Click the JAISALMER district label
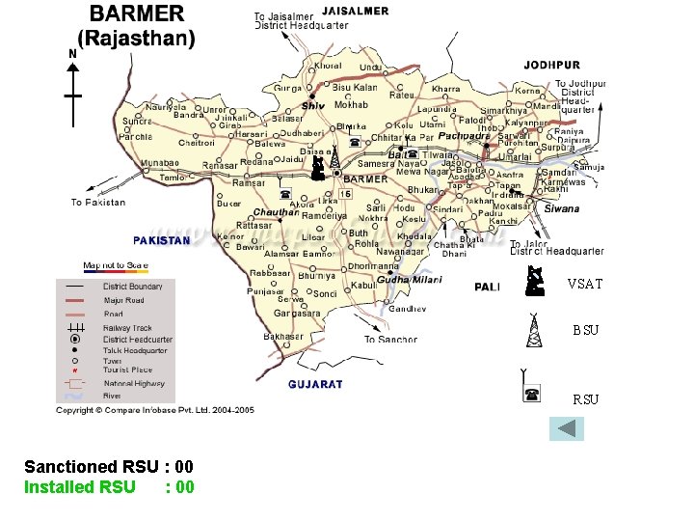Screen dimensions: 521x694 [x=355, y=12]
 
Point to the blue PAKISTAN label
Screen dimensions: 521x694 [x=161, y=240]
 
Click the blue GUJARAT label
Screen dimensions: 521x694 [x=315, y=384]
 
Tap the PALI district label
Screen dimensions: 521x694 [x=488, y=287]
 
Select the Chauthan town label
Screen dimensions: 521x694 [x=276, y=212]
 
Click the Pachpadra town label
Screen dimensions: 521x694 [x=466, y=136]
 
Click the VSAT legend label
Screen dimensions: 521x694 [x=584, y=284]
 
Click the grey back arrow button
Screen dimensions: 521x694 [x=568, y=427]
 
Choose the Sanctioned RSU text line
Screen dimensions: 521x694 [x=109, y=467]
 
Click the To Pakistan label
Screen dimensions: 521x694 [x=98, y=203]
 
